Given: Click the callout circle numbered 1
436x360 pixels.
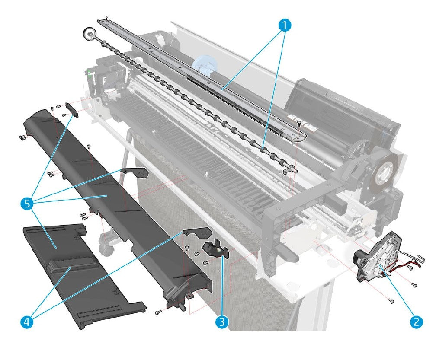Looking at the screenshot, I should pyautogui.click(x=284, y=25).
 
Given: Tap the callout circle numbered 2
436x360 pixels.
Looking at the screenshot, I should pyautogui.click(x=416, y=321).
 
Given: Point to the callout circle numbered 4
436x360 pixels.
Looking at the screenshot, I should pyautogui.click(x=26, y=321).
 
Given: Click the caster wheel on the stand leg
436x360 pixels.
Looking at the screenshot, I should pyautogui.click(x=106, y=249).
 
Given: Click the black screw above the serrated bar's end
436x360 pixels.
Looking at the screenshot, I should pyautogui.click(x=298, y=124).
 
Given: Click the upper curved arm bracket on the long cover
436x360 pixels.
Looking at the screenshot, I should pyautogui.click(x=135, y=172).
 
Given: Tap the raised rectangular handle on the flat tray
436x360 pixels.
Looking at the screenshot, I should pyautogui.click(x=71, y=268).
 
